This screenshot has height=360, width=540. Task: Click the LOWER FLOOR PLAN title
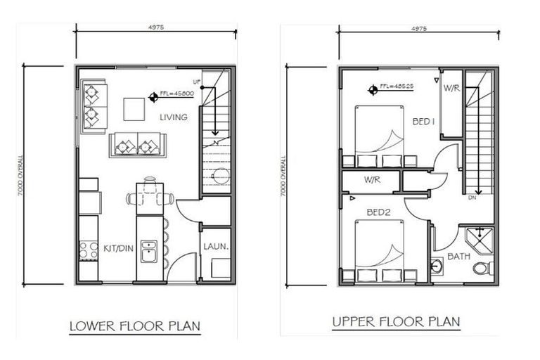coord(134,326)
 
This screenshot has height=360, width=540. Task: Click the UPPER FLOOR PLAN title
coord(397,322)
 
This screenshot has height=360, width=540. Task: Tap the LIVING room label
coord(174,117)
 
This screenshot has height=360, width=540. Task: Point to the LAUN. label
coord(214,247)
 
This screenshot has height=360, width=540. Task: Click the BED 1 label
coord(423,122)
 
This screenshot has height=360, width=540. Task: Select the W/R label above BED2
coord(373,180)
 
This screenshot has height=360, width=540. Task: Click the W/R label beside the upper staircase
coord(452,88)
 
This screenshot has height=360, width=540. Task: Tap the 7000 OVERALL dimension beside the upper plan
coord(283,176)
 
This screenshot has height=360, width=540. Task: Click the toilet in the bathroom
coord(481,268)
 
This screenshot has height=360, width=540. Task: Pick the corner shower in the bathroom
coord(478,239)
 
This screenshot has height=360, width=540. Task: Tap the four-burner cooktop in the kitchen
coord(89,249)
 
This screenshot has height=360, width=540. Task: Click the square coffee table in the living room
coord(135,109)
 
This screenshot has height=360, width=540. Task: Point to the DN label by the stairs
coord(472,198)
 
